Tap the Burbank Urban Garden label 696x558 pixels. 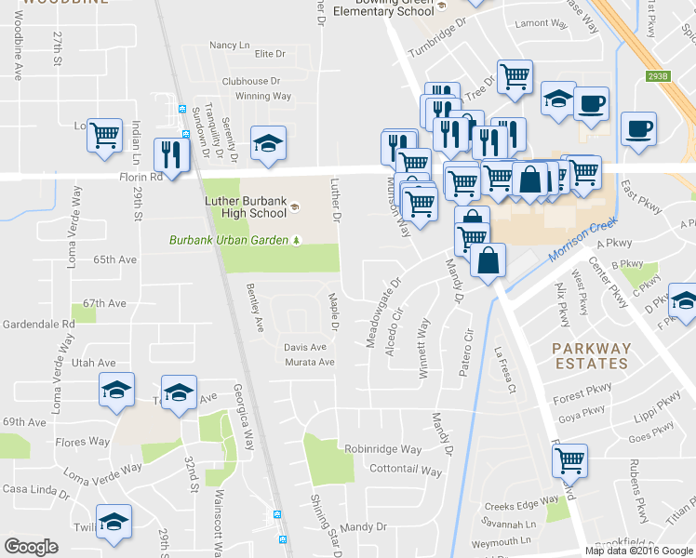click(x=227, y=240)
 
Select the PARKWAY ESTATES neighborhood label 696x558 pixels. click(x=591, y=356)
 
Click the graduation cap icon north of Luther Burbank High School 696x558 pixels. click(x=268, y=144)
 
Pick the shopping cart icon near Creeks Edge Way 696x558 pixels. click(x=569, y=458)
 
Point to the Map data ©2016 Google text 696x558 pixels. click(x=638, y=551)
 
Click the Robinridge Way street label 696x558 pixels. click(x=382, y=449)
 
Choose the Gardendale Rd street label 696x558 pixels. click(x=38, y=324)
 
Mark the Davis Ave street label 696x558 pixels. click(x=305, y=347)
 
